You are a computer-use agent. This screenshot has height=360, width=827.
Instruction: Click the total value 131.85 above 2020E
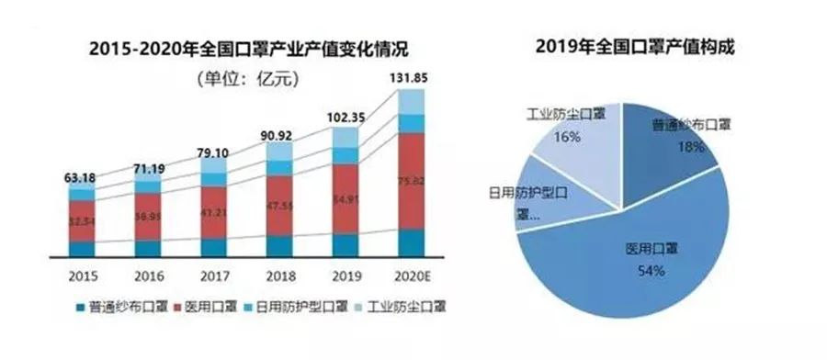point(412,77)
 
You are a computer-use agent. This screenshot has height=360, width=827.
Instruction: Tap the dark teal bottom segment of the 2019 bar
point(345,245)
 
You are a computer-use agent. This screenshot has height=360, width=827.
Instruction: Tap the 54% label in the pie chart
point(634,273)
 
